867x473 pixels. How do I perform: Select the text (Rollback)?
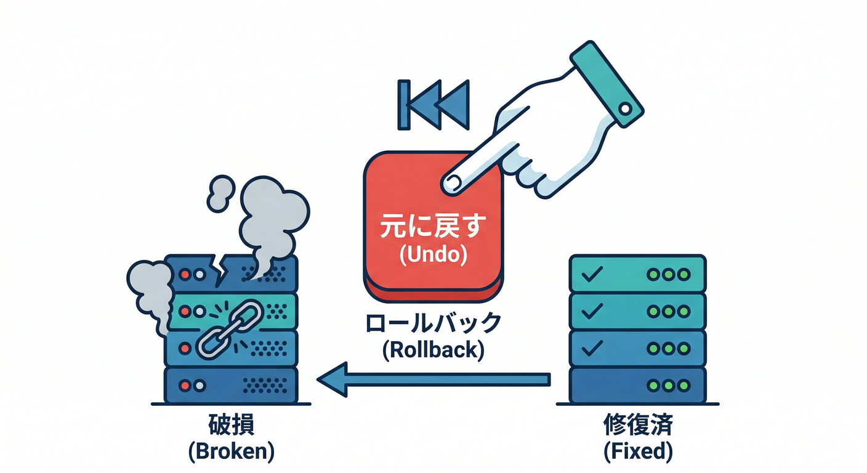(x=433, y=350)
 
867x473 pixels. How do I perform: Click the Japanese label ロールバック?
(x=433, y=324)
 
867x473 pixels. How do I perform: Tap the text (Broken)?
(x=230, y=451)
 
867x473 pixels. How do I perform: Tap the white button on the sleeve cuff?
(x=625, y=109)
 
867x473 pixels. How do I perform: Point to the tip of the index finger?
(x=451, y=183)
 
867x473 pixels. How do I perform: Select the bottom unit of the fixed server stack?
(x=637, y=386)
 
